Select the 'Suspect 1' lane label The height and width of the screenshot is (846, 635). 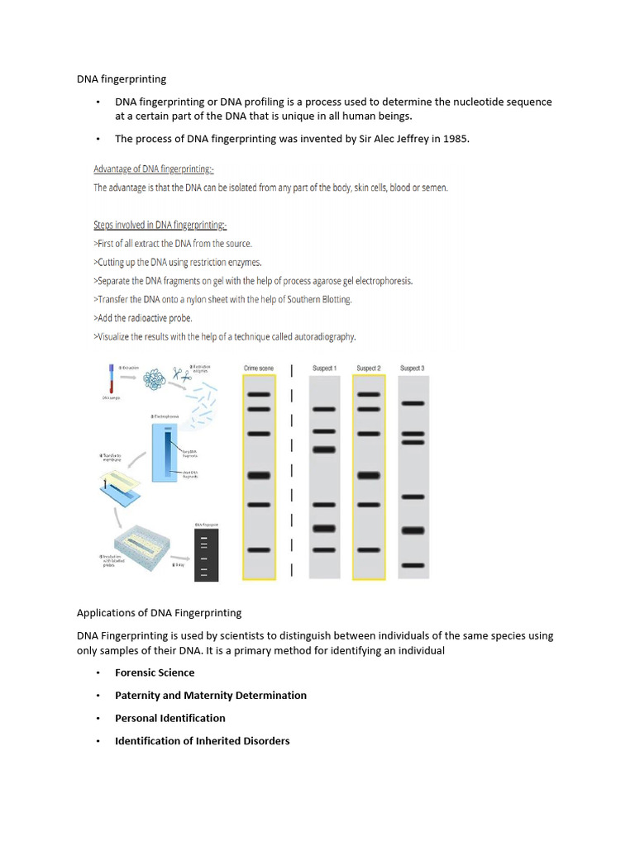(324, 368)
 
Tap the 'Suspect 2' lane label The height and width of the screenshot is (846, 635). (368, 368)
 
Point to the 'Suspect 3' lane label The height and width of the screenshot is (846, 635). (412, 368)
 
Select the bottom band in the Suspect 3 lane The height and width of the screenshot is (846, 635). (412, 566)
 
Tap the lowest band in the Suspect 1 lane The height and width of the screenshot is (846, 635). (324, 549)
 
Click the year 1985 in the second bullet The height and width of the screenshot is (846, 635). (456, 139)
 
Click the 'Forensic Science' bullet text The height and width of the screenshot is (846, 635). (155, 673)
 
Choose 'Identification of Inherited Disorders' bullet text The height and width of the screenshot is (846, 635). (202, 741)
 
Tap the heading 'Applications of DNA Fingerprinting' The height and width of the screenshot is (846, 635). (159, 612)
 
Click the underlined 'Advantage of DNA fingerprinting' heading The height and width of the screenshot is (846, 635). (154, 169)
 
